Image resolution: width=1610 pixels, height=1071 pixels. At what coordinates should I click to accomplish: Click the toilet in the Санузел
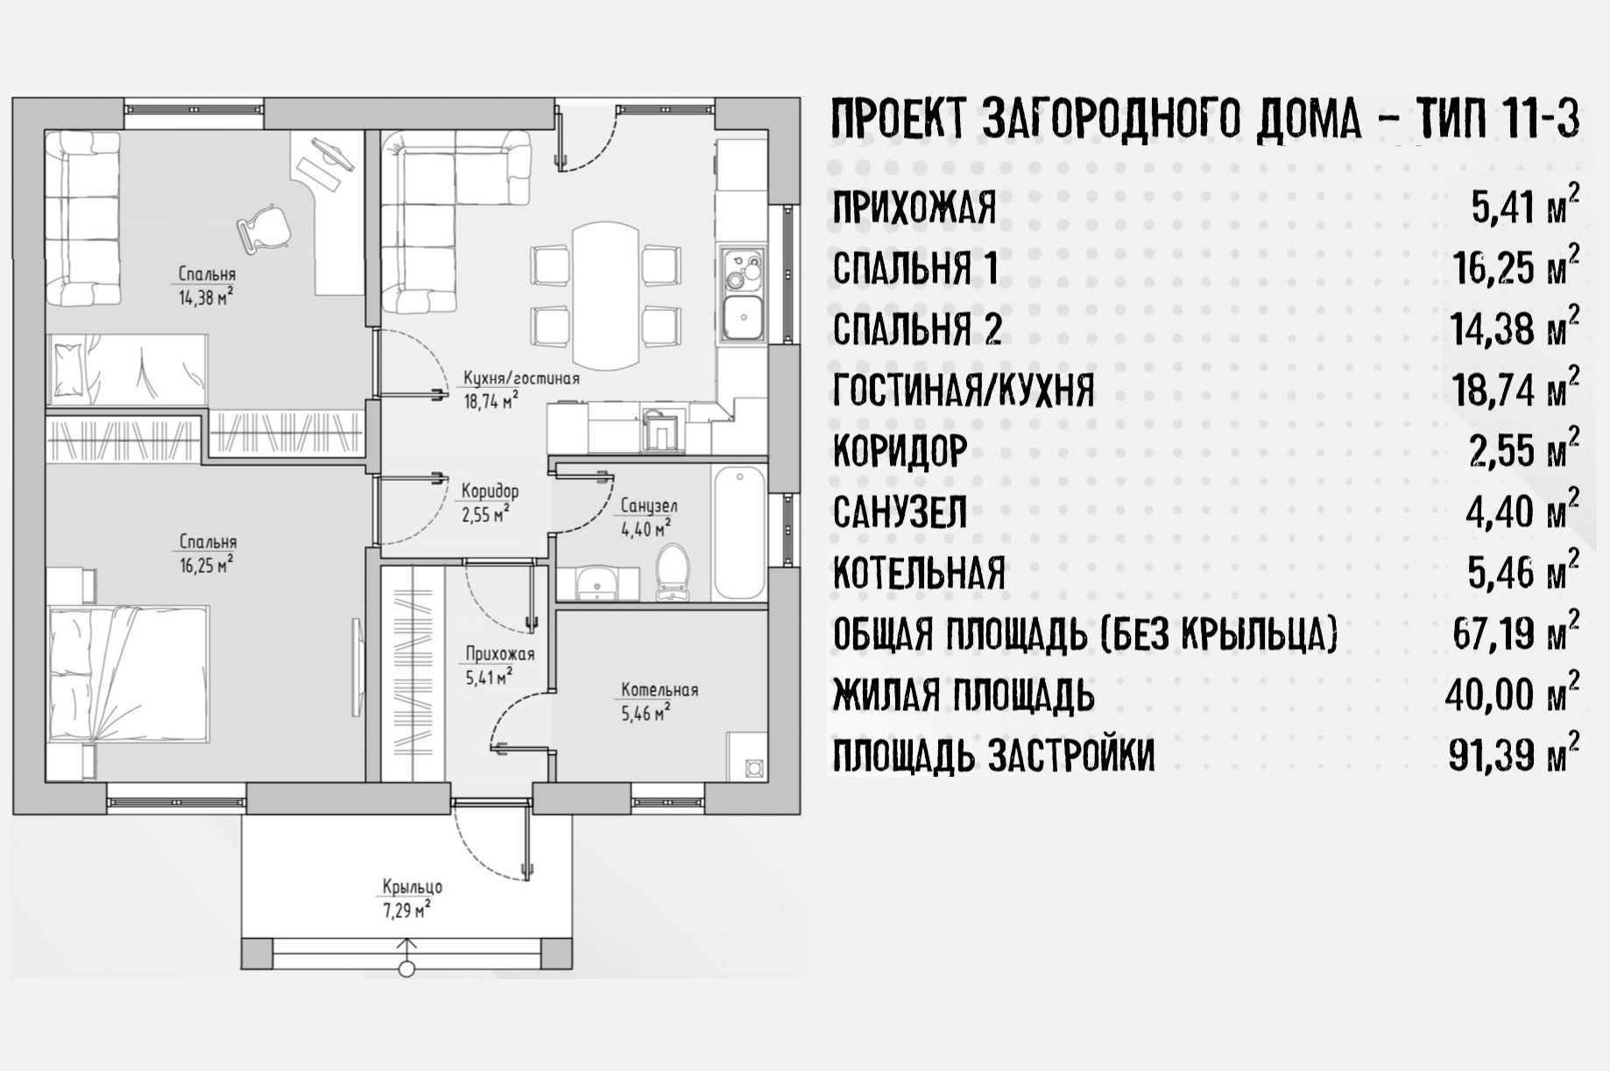pyautogui.click(x=673, y=573)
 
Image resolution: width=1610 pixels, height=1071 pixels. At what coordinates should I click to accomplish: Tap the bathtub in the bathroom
pyautogui.click(x=739, y=533)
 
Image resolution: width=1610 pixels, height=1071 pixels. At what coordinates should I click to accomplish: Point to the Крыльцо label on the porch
pyautogui.click(x=412, y=886)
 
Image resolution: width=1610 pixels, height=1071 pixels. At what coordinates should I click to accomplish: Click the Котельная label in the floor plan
pyautogui.click(x=660, y=690)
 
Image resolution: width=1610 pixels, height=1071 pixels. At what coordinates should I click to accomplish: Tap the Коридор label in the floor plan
pyautogui.click(x=490, y=492)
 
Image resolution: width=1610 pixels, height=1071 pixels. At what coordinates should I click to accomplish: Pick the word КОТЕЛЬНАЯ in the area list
pyautogui.click(x=919, y=574)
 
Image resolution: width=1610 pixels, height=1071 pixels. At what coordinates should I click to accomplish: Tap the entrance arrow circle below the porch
pyautogui.click(x=406, y=969)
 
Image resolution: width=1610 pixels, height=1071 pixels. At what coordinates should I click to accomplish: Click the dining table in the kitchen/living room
pyautogui.click(x=605, y=297)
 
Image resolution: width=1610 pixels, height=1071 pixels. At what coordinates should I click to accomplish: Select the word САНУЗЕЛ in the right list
pyautogui.click(x=900, y=513)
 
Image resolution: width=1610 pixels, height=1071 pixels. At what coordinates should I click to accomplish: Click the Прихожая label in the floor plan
pyautogui.click(x=499, y=653)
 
